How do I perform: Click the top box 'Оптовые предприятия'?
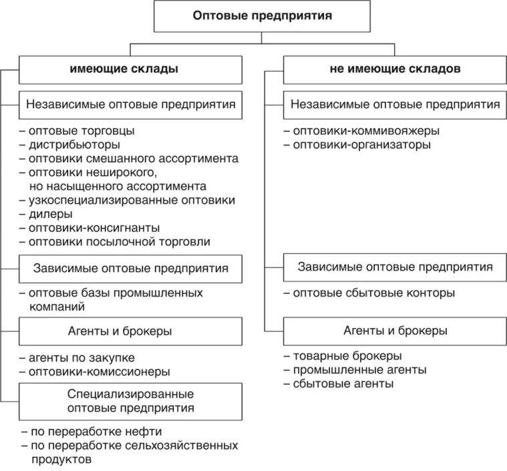click(x=263, y=16)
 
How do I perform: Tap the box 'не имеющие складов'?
click(x=395, y=69)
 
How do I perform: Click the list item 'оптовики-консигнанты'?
click(x=89, y=228)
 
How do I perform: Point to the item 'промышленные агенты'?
click(x=354, y=369)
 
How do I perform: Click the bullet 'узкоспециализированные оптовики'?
click(x=127, y=200)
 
